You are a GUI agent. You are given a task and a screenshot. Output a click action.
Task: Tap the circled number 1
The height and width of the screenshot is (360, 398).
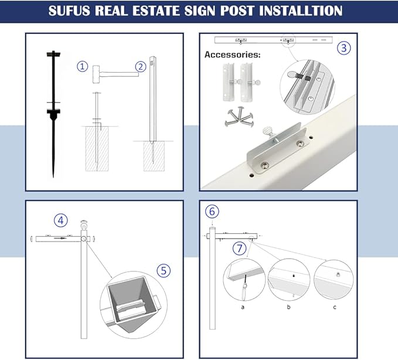[x=83, y=67]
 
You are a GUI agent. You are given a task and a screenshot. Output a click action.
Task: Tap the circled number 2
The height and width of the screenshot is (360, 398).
[x=140, y=67]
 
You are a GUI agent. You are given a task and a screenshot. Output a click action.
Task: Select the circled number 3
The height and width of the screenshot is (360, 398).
[x=345, y=48]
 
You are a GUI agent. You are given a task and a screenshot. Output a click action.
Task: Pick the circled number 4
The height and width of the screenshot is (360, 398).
[x=60, y=220]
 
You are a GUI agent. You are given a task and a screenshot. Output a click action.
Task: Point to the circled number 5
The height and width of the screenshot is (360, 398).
[x=163, y=270]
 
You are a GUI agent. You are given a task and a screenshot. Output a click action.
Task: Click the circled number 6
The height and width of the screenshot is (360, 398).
[x=212, y=211]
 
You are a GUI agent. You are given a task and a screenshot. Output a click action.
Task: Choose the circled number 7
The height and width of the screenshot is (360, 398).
[x=238, y=248]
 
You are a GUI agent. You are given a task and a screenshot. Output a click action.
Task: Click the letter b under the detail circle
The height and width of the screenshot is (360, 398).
[x=289, y=306]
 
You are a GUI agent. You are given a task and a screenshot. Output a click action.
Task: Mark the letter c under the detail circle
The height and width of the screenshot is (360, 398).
[x=334, y=306]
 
